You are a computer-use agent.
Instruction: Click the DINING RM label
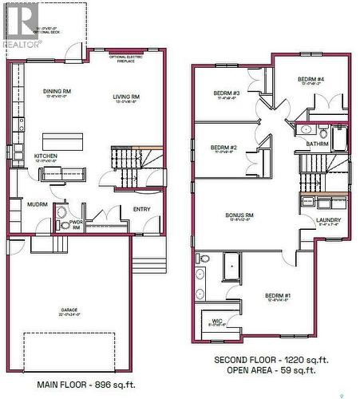(x=57, y=92)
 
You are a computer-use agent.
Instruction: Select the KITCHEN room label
(x=45, y=156)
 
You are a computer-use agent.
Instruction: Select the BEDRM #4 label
(x=311, y=80)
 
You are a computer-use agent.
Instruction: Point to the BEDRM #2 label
(x=224, y=148)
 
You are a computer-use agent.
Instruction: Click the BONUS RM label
(x=239, y=215)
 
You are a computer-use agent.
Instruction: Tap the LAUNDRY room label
(x=328, y=220)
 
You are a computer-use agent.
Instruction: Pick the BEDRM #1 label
(x=278, y=296)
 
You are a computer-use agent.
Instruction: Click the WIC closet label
(x=215, y=322)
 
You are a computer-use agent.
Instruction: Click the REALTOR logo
(x=21, y=24)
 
